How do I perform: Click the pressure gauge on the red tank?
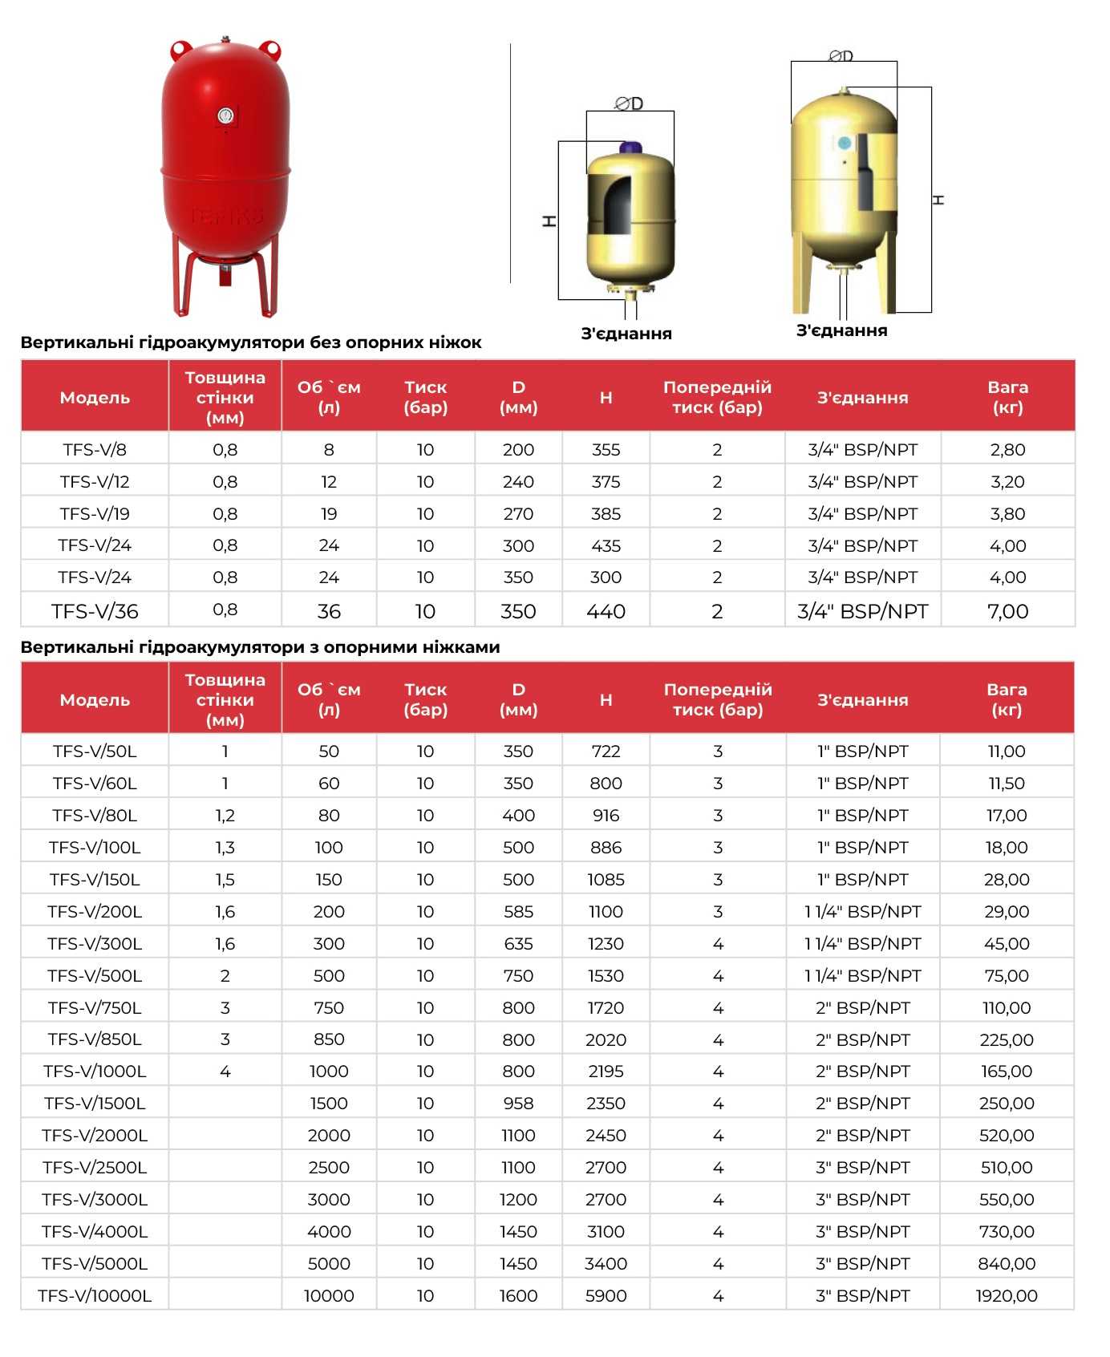pos(226,116)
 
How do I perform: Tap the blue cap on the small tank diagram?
pos(630,148)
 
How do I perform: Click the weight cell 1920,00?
pos(1007,1295)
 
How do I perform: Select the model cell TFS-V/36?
pos(95,611)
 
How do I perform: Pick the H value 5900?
pos(606,1295)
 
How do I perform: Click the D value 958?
pos(518,1103)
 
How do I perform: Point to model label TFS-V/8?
pos(95,449)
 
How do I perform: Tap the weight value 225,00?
pos(1007,1039)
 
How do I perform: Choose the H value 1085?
pos(606,879)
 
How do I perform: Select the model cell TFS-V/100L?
pos(95,847)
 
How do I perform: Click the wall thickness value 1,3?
pos(225,847)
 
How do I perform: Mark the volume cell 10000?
pos(329,1295)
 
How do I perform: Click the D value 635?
pos(518,943)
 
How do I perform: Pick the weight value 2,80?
pos(1007,449)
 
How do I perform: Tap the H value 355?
pos(606,449)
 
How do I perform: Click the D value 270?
pos(518,513)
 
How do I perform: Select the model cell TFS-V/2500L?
pos(95,1167)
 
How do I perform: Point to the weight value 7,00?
pos(1007,611)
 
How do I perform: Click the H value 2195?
pos(606,1071)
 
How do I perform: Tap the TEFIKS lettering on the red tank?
pos(226,217)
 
